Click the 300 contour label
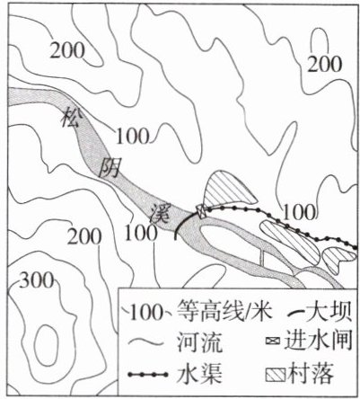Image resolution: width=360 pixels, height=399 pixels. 37,280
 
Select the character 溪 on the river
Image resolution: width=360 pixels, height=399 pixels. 161,213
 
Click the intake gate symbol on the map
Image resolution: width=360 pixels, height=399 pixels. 201,211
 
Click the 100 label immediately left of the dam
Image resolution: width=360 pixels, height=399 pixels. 141,233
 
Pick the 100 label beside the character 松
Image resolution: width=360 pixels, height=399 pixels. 132,136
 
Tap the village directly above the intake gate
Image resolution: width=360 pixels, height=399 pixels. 227,189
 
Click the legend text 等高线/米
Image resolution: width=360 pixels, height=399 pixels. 224,312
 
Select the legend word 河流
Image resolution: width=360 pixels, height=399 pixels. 199,342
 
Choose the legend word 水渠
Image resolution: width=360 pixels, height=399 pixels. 200,374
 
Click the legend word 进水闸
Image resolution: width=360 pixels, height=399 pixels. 318,341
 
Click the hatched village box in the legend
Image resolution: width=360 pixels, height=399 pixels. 276,375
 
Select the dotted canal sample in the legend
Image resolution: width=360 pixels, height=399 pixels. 147,374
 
